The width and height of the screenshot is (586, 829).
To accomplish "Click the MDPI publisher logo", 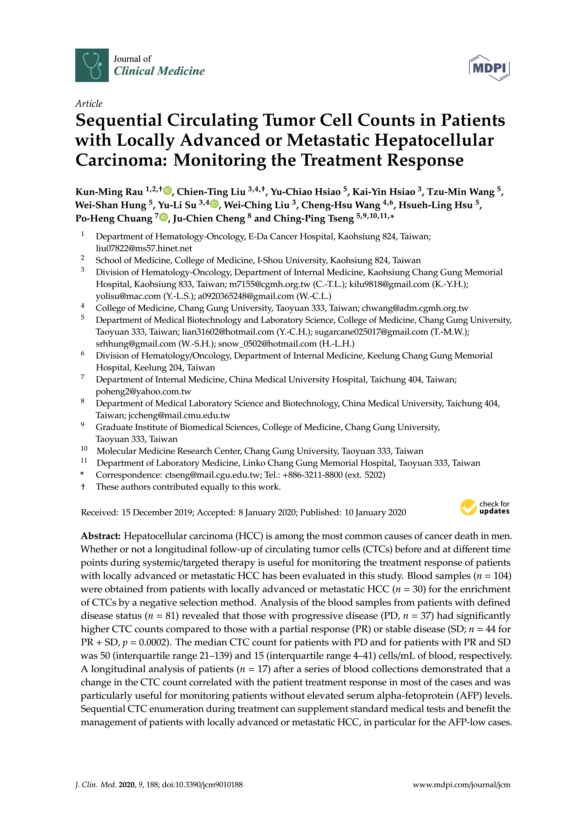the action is pos(489,67).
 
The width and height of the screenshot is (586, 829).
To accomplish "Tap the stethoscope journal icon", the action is pos(92,65).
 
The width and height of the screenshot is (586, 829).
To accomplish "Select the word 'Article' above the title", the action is pos(89,104).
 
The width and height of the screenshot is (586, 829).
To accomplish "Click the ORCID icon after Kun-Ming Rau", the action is pos(167,190).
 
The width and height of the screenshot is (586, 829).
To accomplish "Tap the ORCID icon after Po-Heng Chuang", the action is pos(164,217).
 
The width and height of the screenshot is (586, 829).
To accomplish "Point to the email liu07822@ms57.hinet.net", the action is pos(144,248).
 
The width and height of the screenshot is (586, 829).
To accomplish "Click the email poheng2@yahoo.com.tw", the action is pos(143,391).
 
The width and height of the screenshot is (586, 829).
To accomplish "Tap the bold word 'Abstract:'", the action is pos(101,536).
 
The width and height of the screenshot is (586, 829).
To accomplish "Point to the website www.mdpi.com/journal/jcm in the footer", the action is pos(461,785).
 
